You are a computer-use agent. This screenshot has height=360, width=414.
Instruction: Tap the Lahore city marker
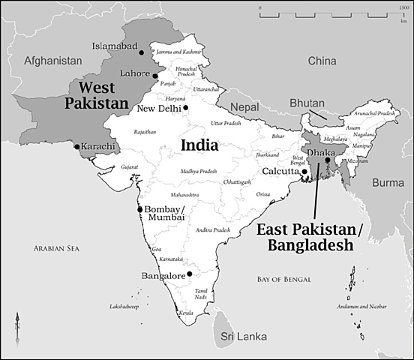(155, 76)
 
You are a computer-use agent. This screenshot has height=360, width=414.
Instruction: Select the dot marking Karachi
(76, 146)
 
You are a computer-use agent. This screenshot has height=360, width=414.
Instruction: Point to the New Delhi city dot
(186, 108)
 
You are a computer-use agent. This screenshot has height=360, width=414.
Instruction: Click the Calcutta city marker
(304, 172)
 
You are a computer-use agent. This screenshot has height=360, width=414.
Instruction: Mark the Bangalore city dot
(190, 274)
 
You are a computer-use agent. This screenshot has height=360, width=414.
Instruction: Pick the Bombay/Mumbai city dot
(139, 209)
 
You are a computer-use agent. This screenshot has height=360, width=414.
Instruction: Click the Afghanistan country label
(52, 59)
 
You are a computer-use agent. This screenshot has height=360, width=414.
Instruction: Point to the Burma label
(388, 182)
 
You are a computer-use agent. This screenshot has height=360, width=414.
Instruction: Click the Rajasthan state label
(145, 132)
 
